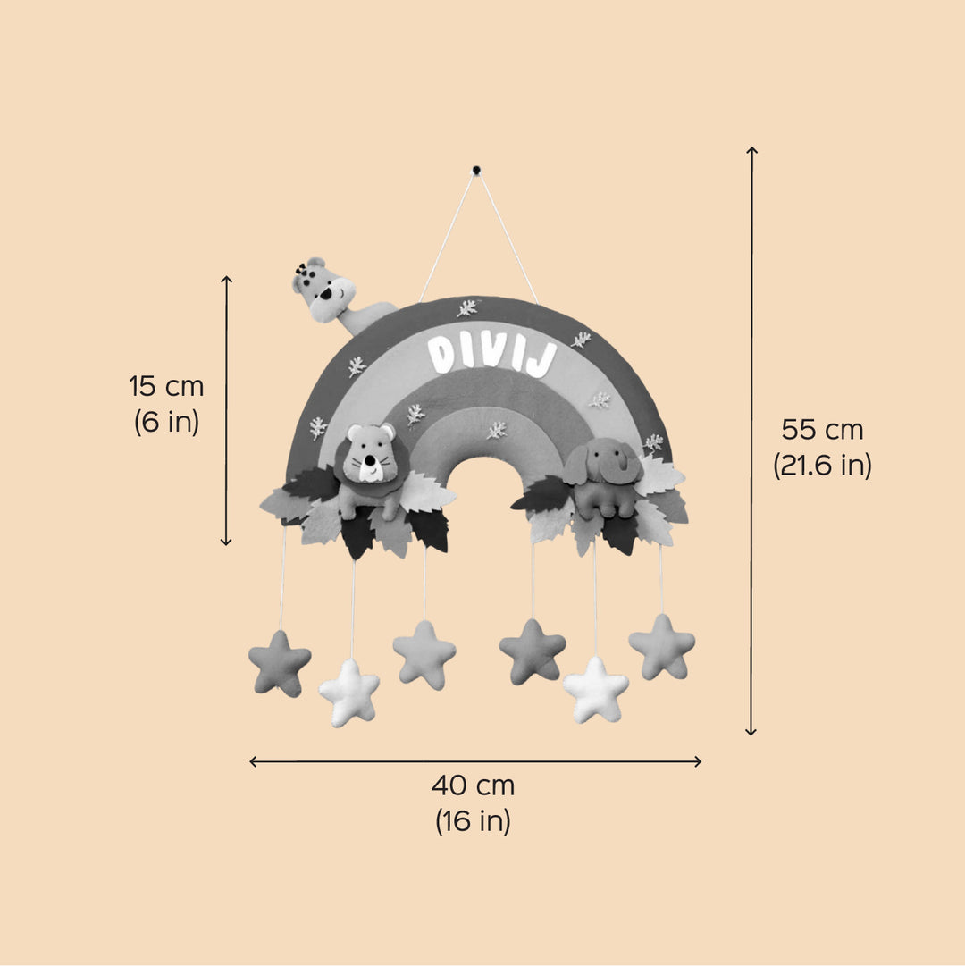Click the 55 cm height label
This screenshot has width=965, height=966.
point(822,430)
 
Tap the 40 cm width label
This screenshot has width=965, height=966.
point(473,785)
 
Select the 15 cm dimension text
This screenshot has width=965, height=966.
point(166,386)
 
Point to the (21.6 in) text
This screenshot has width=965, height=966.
point(822,466)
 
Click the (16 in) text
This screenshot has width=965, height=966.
point(473,821)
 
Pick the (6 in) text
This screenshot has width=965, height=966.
point(166,422)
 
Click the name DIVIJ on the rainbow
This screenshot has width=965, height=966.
point(492,356)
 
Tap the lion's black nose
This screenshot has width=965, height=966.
point(368,460)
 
